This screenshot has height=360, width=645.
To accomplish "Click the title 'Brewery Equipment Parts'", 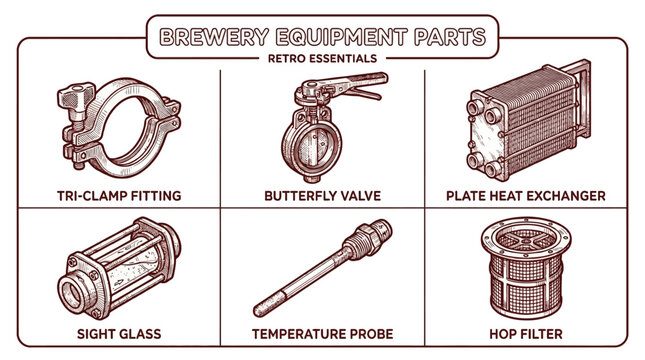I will pyautogui.click(x=322, y=37).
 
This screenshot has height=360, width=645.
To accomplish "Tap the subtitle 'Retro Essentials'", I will pyautogui.click(x=322, y=58).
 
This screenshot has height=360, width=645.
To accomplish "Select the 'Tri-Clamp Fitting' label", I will pyautogui.click(x=120, y=195).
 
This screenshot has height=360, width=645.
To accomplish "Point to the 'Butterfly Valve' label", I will pyautogui.click(x=321, y=195).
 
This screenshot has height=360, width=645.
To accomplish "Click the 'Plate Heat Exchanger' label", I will pyautogui.click(x=525, y=195).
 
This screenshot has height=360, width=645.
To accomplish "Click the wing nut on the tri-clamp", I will pyautogui.click(x=72, y=101).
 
